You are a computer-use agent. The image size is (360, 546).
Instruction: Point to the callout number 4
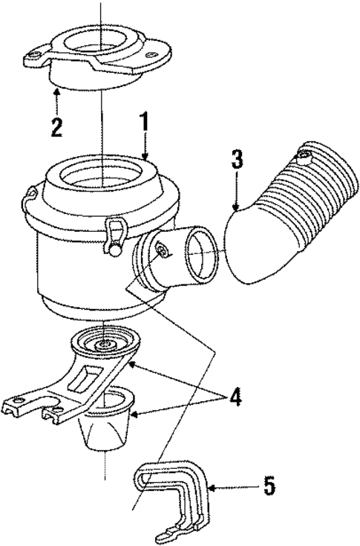tap(235, 397)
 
